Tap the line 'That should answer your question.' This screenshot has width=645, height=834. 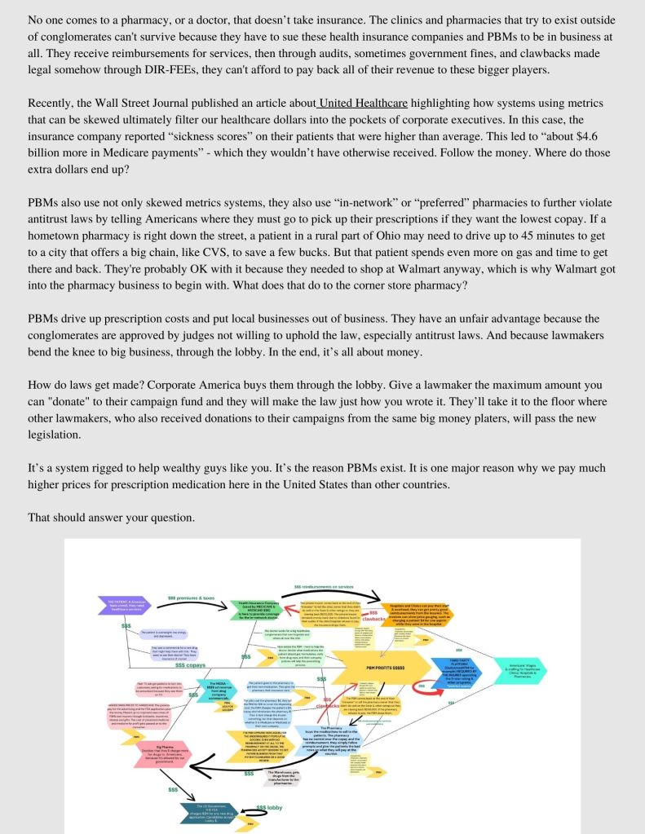(x=111, y=518)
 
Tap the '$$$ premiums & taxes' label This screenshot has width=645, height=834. (x=191, y=598)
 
